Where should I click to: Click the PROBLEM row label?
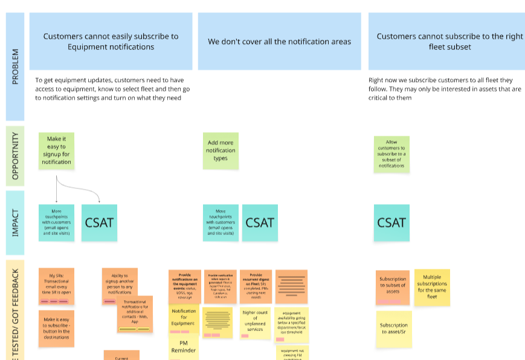(15, 66)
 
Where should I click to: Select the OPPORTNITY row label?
(15, 156)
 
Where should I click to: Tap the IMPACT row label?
(15, 222)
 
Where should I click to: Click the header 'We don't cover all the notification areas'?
(279, 42)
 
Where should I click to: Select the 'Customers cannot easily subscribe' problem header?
(111, 42)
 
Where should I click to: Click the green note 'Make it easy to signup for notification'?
(56, 150)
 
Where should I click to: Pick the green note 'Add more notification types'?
(221, 150)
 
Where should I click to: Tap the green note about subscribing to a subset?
(391, 154)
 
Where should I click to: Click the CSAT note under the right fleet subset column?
(391, 222)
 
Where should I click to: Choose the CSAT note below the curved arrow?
(99, 222)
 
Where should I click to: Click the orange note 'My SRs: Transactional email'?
(56, 286)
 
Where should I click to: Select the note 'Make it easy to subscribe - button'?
(56, 328)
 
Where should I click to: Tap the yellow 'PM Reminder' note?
(184, 347)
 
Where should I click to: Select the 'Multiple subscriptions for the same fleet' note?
(431, 287)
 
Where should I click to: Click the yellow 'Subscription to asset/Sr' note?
(393, 329)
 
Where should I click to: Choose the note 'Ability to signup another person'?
(120, 283)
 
